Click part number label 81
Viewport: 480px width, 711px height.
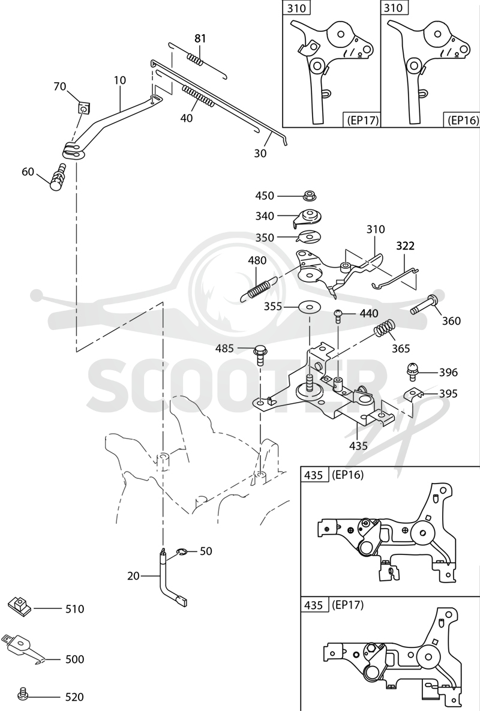point(200,38)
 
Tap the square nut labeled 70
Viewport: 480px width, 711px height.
point(83,109)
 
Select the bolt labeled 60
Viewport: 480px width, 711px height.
point(58,178)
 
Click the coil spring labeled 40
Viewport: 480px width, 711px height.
point(198,97)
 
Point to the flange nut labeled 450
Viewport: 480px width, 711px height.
point(310,196)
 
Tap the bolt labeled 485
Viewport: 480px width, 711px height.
point(260,353)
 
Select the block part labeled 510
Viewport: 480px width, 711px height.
point(19,607)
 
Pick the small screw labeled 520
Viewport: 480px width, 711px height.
point(22,694)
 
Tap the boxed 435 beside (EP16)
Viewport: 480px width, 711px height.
point(314,475)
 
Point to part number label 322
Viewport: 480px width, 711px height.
point(405,246)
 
